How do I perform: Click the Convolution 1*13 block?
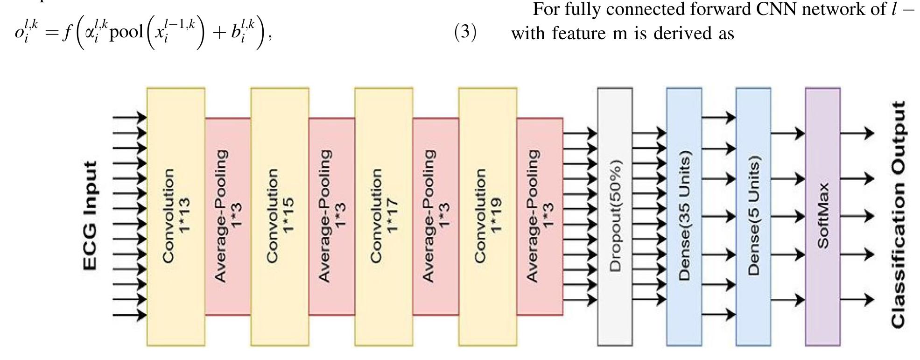click(176, 216)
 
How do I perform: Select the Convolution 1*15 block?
click(280, 216)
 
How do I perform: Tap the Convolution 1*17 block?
click(384, 216)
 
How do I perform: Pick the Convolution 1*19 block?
click(488, 216)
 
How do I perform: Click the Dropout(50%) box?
click(615, 216)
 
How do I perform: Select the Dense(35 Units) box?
click(684, 216)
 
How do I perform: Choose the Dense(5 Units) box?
click(753, 216)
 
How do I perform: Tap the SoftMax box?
click(822, 216)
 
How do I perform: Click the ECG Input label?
click(91, 216)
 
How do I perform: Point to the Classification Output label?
click(899, 214)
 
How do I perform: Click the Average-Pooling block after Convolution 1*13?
click(228, 216)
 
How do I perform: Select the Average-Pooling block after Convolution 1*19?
click(540, 216)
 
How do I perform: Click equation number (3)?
click(465, 33)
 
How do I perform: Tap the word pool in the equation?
click(128, 35)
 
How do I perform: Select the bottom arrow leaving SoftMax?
click(857, 299)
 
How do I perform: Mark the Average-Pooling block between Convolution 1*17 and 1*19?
click(435, 216)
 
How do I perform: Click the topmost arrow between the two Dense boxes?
click(718, 117)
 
